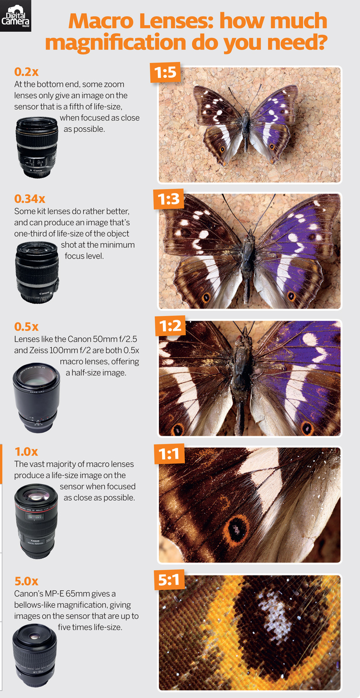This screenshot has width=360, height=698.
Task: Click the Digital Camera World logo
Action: pyautogui.click(x=15, y=16)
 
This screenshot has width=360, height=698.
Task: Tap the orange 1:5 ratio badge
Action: pyautogui.click(x=165, y=72)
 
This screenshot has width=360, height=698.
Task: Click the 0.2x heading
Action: pyautogui.click(x=23, y=72)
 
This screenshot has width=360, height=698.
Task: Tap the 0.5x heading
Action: pyautogui.click(x=24, y=326)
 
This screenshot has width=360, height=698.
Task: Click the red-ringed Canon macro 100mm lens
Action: pyautogui.click(x=36, y=521)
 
